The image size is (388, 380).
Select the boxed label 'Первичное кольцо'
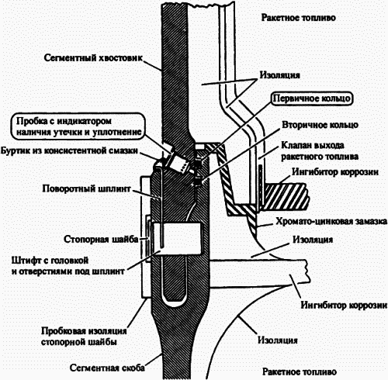coord(311,99)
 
